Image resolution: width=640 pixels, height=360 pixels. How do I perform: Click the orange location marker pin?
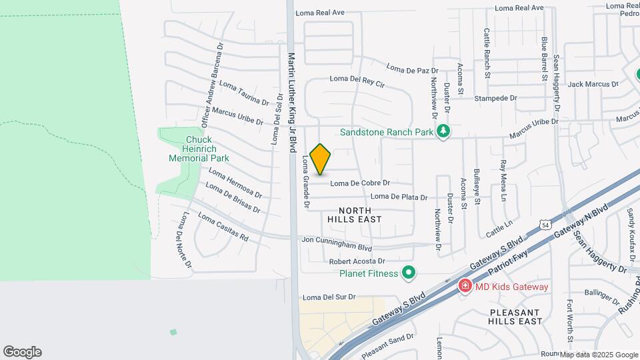[321, 159]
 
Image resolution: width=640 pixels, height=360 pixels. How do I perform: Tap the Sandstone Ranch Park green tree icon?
[441, 132]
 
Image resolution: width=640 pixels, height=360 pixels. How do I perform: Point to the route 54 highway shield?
[546, 225]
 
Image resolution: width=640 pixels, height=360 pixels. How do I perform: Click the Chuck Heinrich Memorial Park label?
[199, 149]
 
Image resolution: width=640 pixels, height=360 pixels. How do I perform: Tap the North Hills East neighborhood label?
[354, 213]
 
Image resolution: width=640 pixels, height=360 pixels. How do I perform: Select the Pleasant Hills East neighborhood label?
[515, 317]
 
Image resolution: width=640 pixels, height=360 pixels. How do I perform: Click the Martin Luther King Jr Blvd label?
[291, 103]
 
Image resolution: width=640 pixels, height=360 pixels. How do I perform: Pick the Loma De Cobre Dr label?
[360, 183]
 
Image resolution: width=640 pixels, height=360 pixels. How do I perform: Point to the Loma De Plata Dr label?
[398, 196]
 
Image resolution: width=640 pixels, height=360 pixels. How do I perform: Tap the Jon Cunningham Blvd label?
[337, 243]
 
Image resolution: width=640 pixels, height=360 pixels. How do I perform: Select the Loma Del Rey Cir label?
[357, 81]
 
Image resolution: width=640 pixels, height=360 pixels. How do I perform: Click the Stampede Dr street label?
[495, 98]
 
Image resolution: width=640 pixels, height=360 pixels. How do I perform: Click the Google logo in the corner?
[22, 351]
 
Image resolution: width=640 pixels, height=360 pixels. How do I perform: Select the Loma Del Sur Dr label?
[329, 297]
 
